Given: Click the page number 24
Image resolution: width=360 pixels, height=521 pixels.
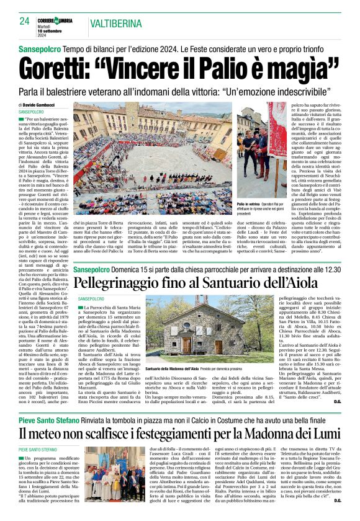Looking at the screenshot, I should (x=25, y=22).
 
